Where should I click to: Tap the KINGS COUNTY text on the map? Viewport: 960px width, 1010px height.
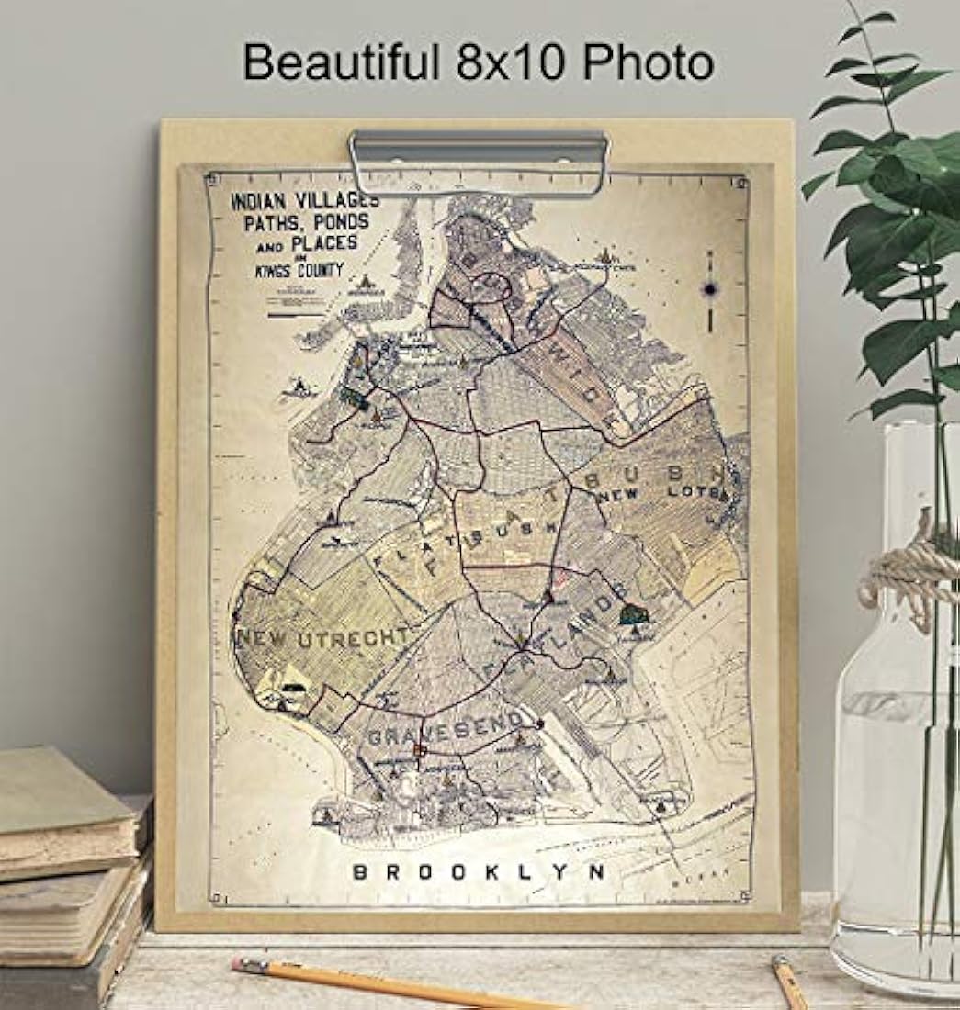click(299, 270)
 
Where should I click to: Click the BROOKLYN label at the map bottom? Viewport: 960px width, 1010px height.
click(479, 871)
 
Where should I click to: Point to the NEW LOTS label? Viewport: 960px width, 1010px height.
click(663, 496)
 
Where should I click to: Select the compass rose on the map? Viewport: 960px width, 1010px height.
click(710, 290)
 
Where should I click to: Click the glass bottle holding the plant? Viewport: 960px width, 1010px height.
click(896, 735)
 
